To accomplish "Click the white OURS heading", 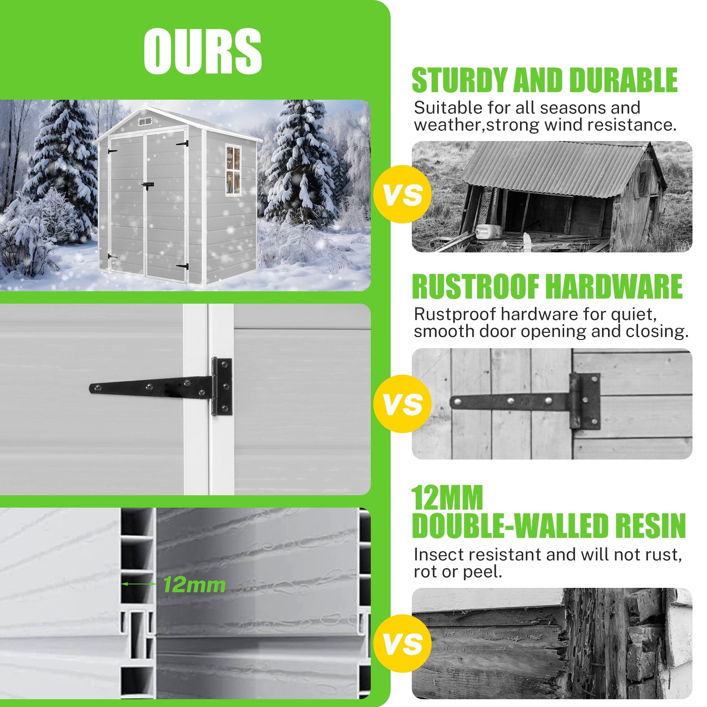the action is coord(202,51).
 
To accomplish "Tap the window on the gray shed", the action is coord(233,170).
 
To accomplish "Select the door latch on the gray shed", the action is coord(147,185).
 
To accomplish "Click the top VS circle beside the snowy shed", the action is coord(403,194).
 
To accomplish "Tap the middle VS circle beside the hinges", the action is coord(403,404).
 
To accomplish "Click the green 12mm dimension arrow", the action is coord(139,584).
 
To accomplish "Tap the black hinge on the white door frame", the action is coord(161,387).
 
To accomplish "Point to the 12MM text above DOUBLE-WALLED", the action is coord(448,497).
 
